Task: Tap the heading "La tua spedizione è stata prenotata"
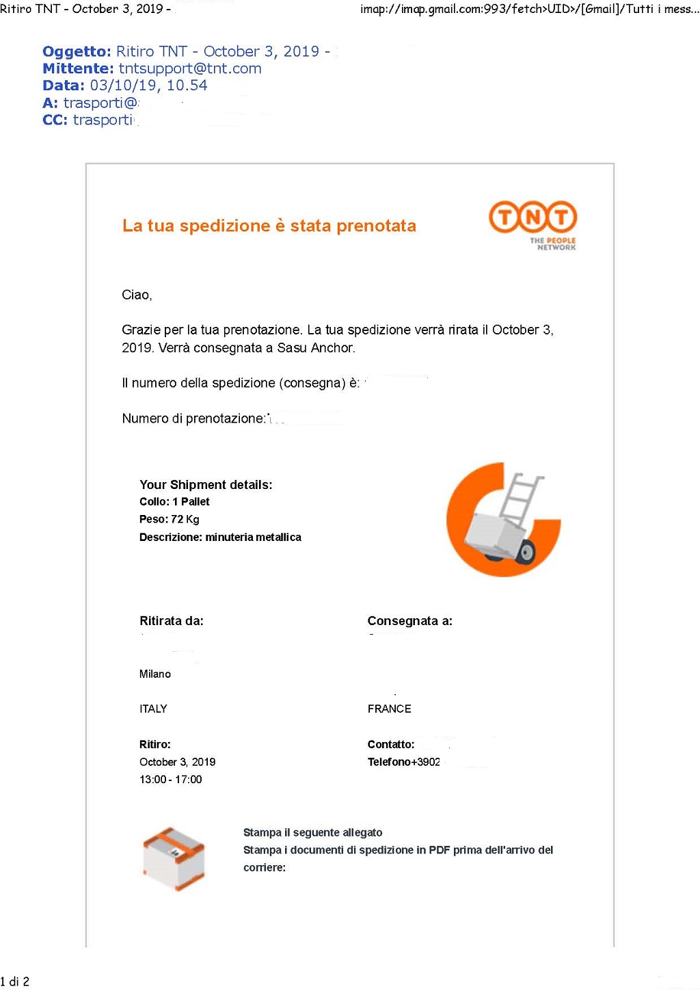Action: pyautogui.click(x=269, y=226)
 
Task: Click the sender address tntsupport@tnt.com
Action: pyautogui.click(x=190, y=68)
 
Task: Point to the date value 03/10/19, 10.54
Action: pyautogui.click(x=148, y=85)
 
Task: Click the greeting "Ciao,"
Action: pyautogui.click(x=137, y=295)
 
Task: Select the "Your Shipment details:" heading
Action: pyautogui.click(x=206, y=484)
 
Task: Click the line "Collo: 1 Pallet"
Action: pyautogui.click(x=174, y=501)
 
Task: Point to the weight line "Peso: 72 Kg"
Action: pyautogui.click(x=169, y=519)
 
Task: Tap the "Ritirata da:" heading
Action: pyautogui.click(x=172, y=621)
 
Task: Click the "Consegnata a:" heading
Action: pyautogui.click(x=409, y=621)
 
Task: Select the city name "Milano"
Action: pyautogui.click(x=155, y=674)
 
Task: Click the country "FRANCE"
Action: pyautogui.click(x=389, y=709)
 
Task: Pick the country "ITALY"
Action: pyautogui.click(x=153, y=709)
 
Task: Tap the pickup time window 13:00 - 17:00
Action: pyautogui.click(x=170, y=779)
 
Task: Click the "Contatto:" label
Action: pyautogui.click(x=391, y=744)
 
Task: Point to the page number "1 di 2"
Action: pyautogui.click(x=15, y=981)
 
